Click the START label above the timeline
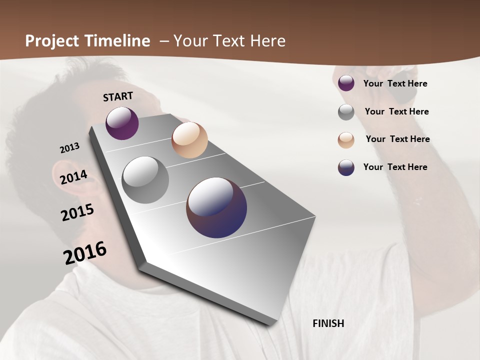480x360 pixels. (118, 96)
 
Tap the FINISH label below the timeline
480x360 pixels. (328, 323)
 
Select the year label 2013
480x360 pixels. (69, 148)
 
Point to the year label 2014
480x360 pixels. (73, 177)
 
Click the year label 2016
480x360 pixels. (85, 253)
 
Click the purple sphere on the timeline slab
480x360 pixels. (122, 123)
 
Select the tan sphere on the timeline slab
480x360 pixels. (189, 140)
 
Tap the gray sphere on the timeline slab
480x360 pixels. (145, 180)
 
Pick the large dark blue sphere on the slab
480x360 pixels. (216, 207)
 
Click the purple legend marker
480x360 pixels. (346, 83)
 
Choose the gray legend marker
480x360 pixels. (346, 112)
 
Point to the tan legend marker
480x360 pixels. (346, 140)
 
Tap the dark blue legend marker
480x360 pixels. (346, 167)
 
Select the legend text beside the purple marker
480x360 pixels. (395, 84)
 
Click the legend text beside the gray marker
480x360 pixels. (396, 111)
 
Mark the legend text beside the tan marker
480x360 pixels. (397, 139)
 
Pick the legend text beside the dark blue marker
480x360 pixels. (395, 167)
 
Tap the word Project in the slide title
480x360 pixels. (52, 41)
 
